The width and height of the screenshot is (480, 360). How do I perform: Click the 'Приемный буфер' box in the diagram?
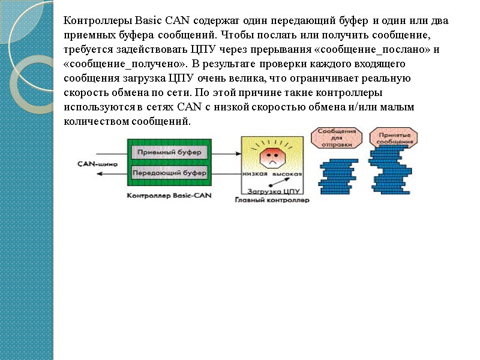[170, 152]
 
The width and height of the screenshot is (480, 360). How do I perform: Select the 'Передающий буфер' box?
[170, 173]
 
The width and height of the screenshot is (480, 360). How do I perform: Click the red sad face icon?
[271, 155]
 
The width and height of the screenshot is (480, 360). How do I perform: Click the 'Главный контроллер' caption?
[272, 200]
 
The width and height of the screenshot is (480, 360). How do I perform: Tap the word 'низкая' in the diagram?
[255, 173]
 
